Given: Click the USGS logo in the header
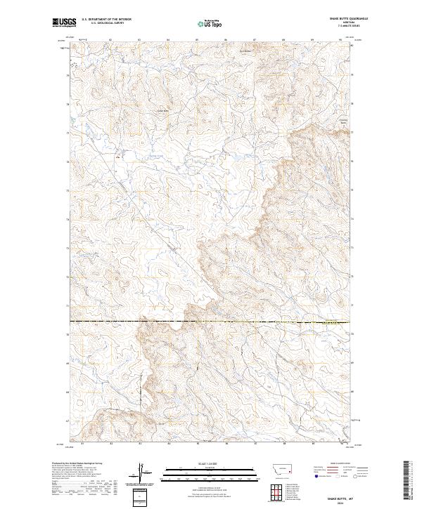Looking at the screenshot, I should tap(65, 22).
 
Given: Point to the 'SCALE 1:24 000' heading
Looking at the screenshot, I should tap(198, 463).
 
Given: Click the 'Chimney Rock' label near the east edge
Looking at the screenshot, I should tap(343, 121).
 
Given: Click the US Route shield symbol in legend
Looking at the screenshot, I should tap(337, 477).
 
